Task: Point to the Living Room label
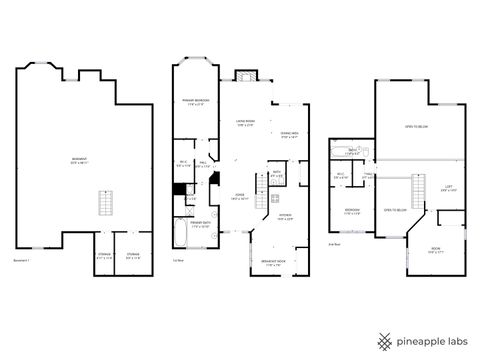(x=246, y=123)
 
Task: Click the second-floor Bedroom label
(x=352, y=211)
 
